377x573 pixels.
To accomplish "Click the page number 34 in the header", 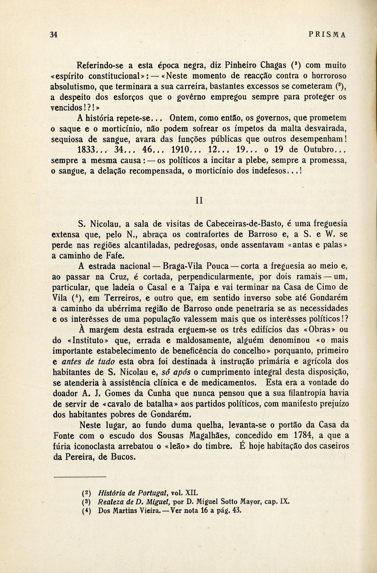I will (53, 35).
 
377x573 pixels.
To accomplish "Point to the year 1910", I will (180, 150).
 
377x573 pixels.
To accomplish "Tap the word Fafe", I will (112, 255).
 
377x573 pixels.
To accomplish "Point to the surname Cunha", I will (142, 393).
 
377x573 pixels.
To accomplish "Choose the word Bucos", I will (122, 457).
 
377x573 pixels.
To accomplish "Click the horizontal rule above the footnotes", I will (80, 476).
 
